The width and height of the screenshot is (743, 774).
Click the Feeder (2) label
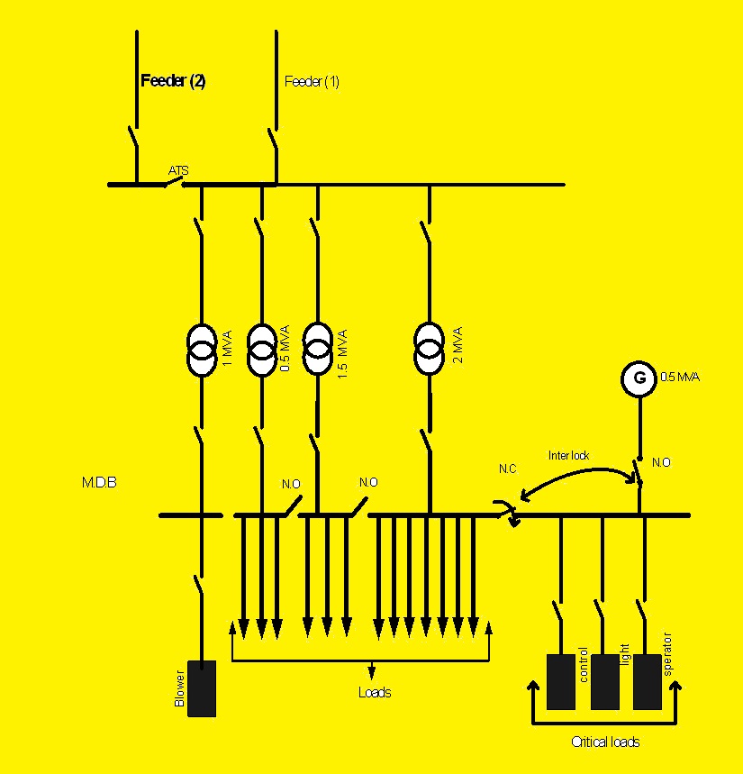[x=173, y=81]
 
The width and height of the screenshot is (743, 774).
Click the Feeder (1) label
[x=312, y=82]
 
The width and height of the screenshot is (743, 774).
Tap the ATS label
[x=178, y=170]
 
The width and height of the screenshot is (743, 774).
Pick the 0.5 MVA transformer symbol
[x=261, y=350]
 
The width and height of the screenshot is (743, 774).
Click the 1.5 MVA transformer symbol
[x=317, y=350]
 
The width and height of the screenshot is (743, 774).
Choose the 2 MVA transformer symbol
[x=429, y=350]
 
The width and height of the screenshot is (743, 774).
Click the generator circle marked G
[x=639, y=378]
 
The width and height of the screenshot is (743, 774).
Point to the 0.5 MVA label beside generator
[x=680, y=377]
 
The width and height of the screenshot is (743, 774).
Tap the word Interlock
[x=568, y=456]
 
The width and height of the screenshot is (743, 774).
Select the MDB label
[x=99, y=483]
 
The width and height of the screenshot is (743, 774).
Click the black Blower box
[x=202, y=688]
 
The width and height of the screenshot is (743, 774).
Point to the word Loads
[x=375, y=693]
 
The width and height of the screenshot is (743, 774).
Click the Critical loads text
[x=605, y=742]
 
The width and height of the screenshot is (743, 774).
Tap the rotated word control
[x=584, y=664]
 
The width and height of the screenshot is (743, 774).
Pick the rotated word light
[x=623, y=655]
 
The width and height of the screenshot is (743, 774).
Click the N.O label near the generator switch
[x=661, y=462]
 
